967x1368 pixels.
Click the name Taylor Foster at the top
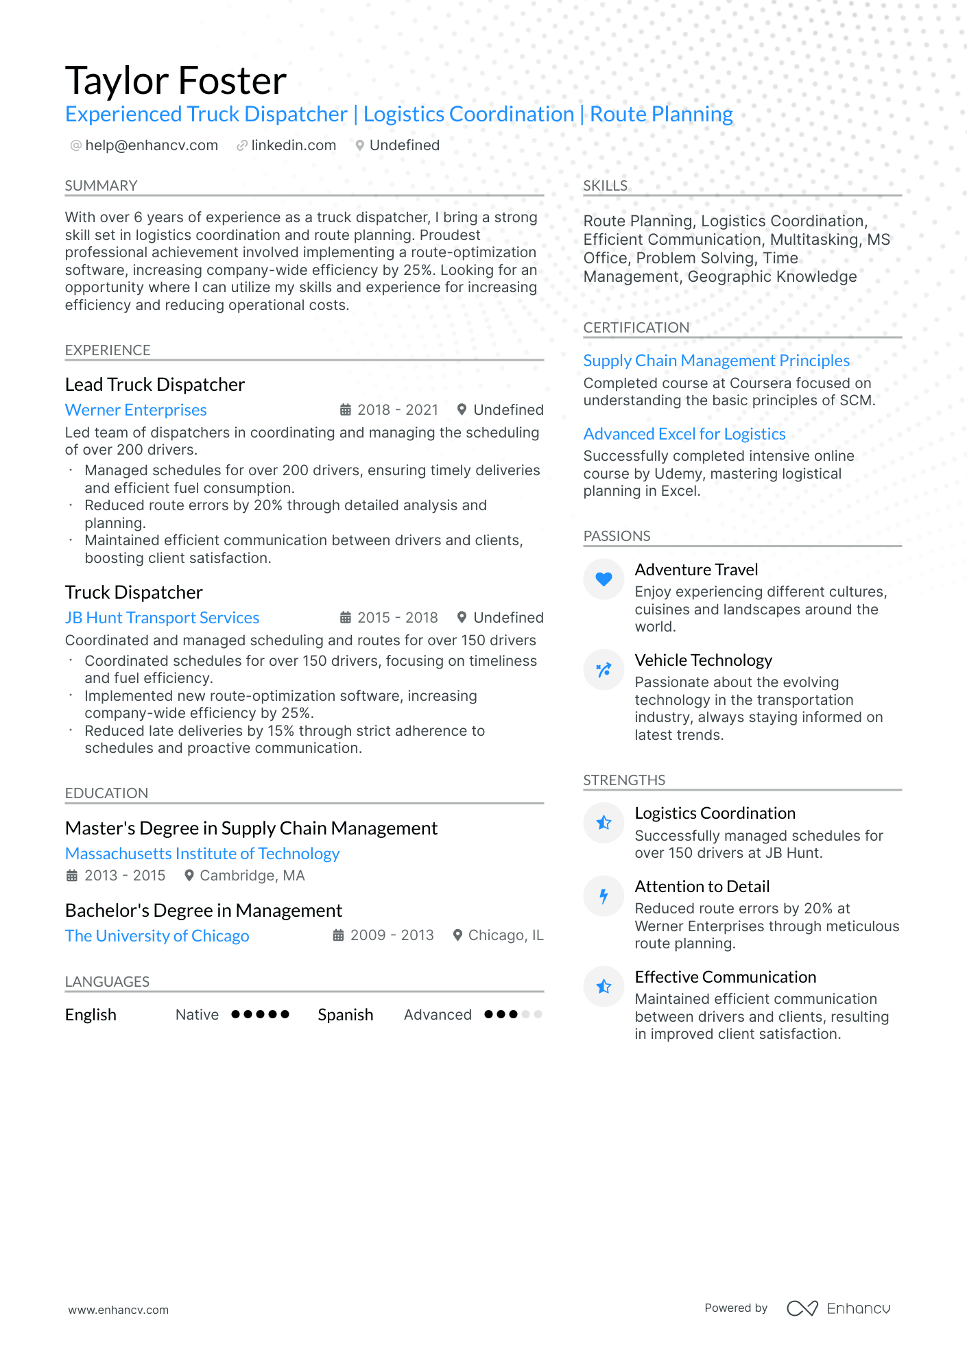[176, 81]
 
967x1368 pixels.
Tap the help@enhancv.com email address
[152, 145]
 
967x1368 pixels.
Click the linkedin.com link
[294, 145]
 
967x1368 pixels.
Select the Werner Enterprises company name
[136, 410]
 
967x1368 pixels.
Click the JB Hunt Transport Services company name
[162, 618]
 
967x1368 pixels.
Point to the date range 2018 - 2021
[398, 410]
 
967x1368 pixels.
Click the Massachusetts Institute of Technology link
[202, 854]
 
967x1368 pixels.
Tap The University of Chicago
[157, 936]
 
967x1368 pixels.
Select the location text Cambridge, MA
[252, 876]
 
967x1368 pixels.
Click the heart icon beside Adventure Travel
[604, 579]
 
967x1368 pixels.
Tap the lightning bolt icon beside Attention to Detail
[604, 896]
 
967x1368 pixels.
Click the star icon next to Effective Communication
[604, 986]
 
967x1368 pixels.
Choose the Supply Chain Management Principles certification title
[716, 361]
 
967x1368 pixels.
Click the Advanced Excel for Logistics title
[684, 434]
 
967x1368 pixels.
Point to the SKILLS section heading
[605, 186]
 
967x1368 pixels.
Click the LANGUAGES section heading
[107, 982]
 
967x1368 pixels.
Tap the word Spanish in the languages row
[345, 1015]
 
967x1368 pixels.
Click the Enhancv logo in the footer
[838, 1308]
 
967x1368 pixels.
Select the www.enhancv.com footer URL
[118, 1310]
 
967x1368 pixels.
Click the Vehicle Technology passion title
[703, 660]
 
